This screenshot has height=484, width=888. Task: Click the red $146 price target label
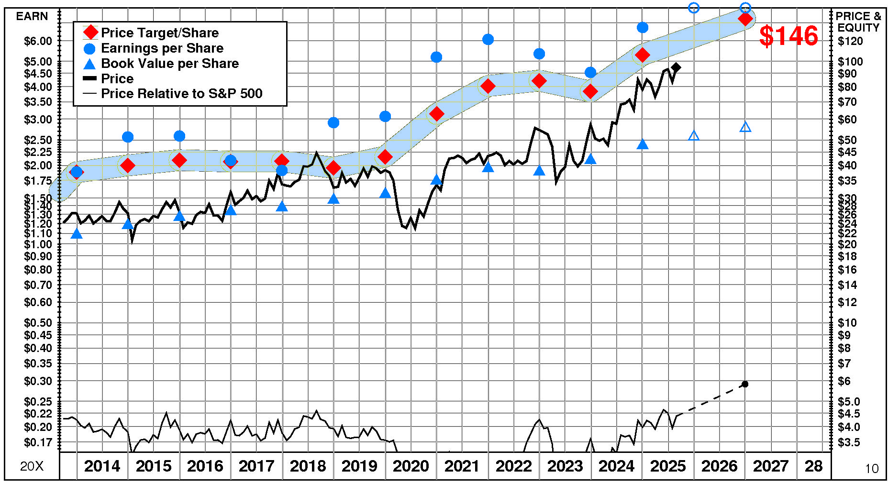pos(788,36)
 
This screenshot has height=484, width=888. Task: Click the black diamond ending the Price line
pos(676,67)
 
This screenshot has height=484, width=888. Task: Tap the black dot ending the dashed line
pos(745,384)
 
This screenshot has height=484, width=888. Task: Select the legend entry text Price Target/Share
pos(160,33)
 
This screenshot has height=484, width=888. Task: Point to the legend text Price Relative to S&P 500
pos(181,93)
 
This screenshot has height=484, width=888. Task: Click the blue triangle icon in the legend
pos(89,64)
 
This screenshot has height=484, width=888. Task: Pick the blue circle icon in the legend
pos(89,48)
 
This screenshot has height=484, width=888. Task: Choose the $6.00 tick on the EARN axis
pos(38,41)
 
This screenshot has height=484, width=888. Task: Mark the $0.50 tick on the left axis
pos(38,322)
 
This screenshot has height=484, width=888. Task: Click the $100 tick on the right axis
pos(850,61)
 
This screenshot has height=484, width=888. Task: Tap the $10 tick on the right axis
pos(848,322)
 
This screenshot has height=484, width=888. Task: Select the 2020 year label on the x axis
pos(411,466)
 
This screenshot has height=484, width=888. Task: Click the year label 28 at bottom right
pos(813,466)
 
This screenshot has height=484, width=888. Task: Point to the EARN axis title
pos(32,16)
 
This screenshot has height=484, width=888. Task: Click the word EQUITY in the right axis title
pos(858,28)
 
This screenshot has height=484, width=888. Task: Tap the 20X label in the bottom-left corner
pos(32,466)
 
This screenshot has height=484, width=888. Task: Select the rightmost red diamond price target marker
pos(745,19)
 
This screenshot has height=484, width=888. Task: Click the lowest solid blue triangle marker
pos(77,233)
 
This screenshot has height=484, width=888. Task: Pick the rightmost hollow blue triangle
pos(745,127)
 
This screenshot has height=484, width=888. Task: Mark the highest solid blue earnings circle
pos(643,27)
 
